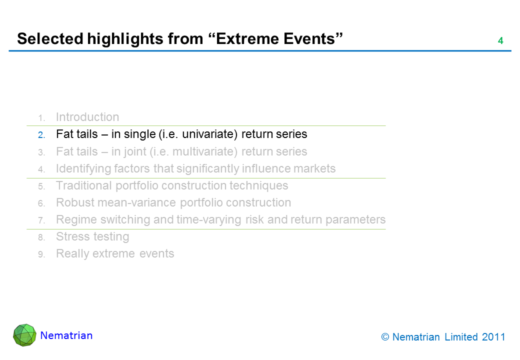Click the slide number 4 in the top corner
(500, 41)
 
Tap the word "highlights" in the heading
(125, 39)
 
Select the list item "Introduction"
(87, 117)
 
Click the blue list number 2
(41, 135)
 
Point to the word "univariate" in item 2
(209, 134)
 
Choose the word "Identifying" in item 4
(83, 168)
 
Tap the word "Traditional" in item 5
(83, 185)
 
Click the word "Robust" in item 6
(74, 202)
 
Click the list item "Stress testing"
(92, 236)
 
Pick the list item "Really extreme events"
(115, 253)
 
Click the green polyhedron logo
(24, 335)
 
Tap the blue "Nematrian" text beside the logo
(66, 335)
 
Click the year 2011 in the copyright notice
(493, 337)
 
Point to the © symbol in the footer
(385, 337)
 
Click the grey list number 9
(41, 254)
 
